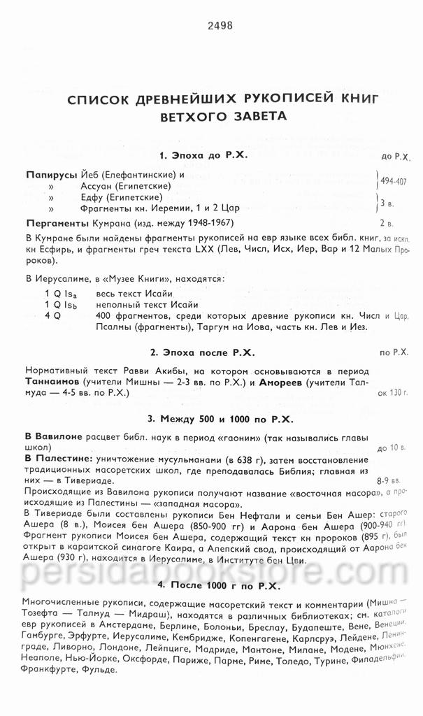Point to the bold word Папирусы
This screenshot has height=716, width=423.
point(50,175)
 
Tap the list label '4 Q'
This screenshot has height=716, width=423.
point(52,316)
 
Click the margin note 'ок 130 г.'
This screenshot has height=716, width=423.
point(392,394)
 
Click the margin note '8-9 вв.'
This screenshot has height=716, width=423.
point(388,481)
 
